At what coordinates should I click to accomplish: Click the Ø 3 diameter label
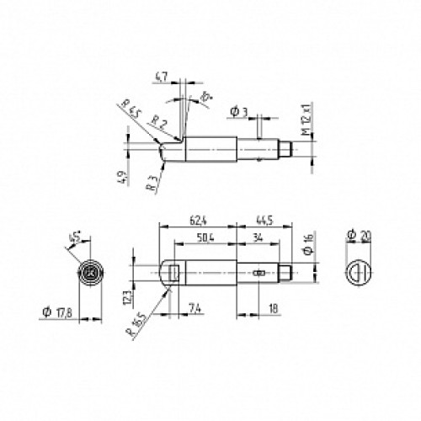237,111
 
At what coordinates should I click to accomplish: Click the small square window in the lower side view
171,272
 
